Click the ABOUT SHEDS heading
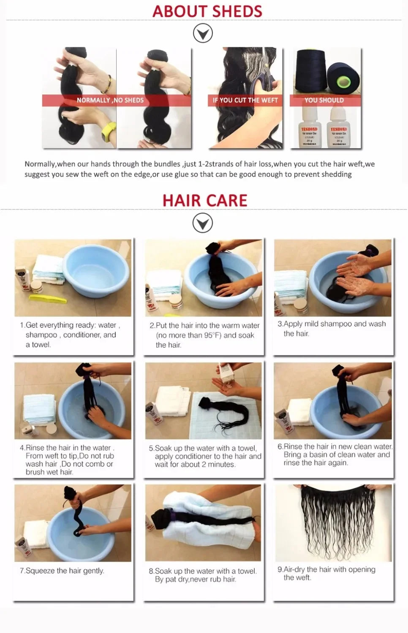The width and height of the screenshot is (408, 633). [207, 11]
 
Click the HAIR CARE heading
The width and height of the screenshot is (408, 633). [205, 200]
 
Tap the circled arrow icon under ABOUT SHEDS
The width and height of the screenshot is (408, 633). [203, 33]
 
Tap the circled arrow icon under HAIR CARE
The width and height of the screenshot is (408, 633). [203, 223]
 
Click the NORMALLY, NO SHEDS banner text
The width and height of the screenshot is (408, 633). [110, 100]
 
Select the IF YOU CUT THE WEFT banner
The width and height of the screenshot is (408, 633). [245, 100]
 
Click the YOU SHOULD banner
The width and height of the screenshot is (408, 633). [324, 100]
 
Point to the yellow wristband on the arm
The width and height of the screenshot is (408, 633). [109, 132]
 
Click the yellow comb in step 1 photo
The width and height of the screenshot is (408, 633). [48, 299]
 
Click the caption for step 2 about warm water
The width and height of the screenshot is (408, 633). [204, 335]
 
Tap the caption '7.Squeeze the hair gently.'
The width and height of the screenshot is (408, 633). [62, 571]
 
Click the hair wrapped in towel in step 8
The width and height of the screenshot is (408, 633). [203, 517]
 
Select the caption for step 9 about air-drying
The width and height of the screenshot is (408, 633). [326, 573]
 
